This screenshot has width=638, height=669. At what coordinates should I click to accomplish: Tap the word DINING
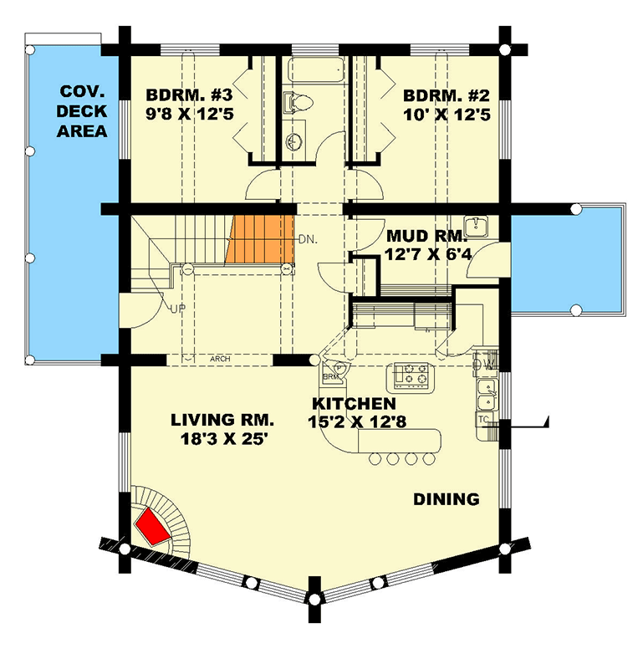(x=447, y=499)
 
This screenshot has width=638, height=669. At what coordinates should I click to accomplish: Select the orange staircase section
(x=260, y=241)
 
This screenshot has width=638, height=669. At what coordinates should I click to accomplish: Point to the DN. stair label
(x=306, y=239)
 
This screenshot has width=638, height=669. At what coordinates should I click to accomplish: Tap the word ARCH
(x=221, y=360)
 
